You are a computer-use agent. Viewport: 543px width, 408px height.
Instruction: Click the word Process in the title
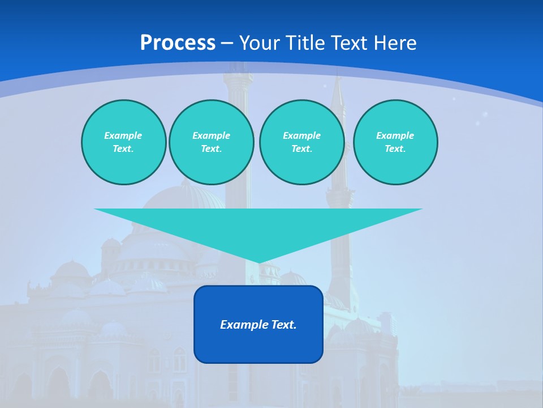(x=178, y=43)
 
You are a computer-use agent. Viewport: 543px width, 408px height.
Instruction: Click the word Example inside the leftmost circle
(x=123, y=135)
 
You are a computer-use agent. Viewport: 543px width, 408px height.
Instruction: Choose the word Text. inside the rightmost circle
(x=395, y=149)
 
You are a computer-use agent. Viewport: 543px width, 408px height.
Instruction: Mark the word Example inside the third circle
(x=301, y=135)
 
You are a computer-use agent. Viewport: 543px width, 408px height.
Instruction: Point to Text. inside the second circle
(x=211, y=149)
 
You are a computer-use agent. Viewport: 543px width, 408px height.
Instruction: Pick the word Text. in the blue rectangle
(x=285, y=325)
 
